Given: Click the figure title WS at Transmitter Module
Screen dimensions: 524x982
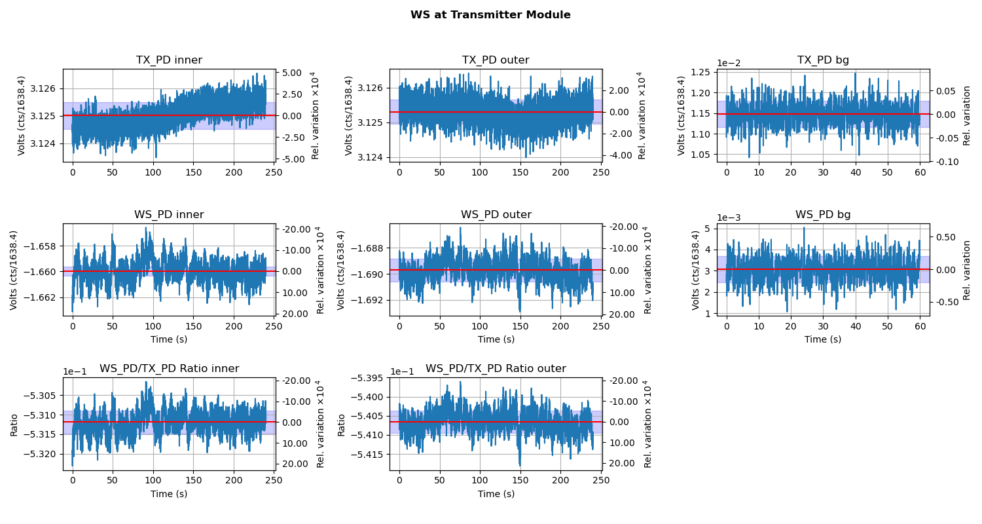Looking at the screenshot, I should point(490,15).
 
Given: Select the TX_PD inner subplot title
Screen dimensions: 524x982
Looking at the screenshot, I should point(169,60).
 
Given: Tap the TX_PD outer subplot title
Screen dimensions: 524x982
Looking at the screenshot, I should point(496,60).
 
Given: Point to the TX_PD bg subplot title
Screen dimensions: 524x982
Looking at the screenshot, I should point(823,60).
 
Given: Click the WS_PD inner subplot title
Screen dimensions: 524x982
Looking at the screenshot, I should point(169,215).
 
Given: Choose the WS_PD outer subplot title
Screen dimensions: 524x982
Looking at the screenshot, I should point(496,215).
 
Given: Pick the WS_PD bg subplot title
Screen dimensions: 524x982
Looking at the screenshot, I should point(823,215).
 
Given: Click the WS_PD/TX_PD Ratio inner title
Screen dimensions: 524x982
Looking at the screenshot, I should point(169,369).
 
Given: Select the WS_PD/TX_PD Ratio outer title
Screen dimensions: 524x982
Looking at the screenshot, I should point(496,369).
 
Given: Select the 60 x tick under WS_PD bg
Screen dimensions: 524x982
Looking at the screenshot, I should point(919,326).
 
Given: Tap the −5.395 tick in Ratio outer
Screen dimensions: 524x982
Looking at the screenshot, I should point(368,378).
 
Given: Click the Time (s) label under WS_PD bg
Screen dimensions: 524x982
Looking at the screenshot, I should point(823,339).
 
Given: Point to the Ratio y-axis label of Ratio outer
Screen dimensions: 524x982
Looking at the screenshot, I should point(341,424).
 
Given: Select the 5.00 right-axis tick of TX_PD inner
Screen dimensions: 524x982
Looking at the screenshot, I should point(293,73).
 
